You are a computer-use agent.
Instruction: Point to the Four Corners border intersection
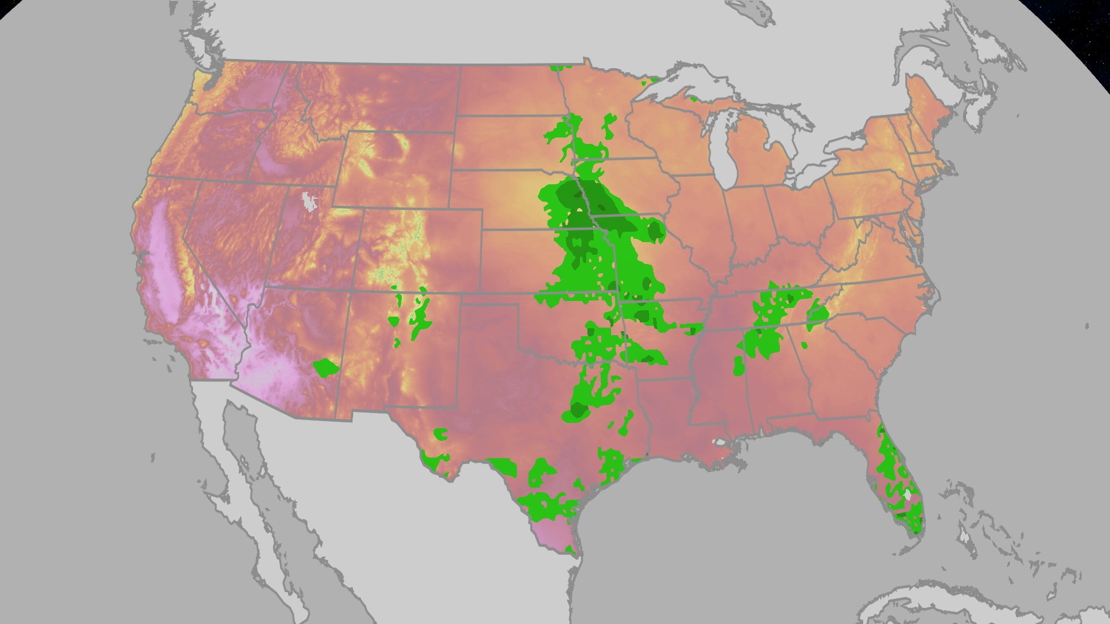coord(351,291)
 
